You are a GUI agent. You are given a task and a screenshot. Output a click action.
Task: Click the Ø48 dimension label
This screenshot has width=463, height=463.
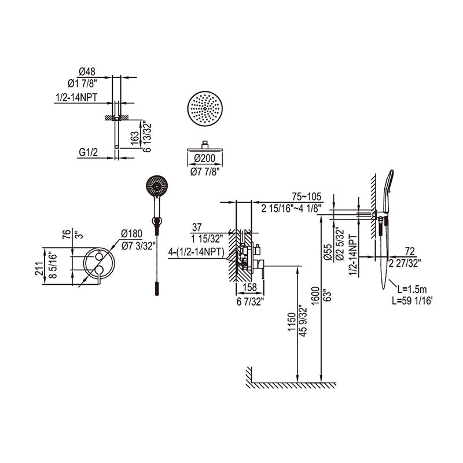point(87,72)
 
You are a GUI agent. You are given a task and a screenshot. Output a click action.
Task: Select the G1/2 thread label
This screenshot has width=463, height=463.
point(87,153)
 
